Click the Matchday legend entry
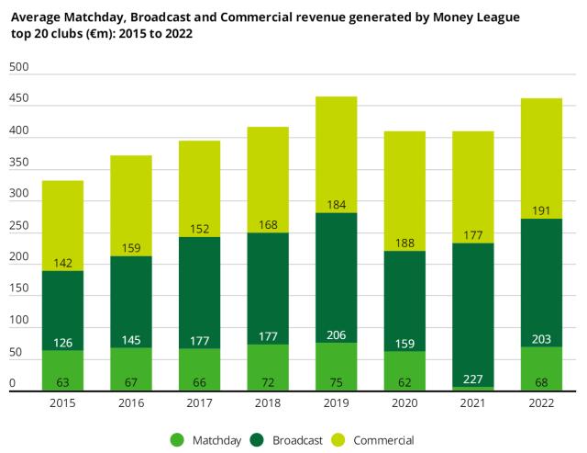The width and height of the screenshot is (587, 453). coord(208,440)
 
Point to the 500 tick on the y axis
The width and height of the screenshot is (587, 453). coord(18,67)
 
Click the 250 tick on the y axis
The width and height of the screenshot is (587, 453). coord(18,226)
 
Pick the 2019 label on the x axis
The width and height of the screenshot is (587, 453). coord(336,404)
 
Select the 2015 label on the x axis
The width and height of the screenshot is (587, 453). coord(63,404)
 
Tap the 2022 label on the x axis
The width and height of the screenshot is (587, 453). coord(539,404)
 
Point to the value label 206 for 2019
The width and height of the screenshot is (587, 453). coord(336,335)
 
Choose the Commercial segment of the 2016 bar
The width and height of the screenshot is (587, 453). coord(131,202)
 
